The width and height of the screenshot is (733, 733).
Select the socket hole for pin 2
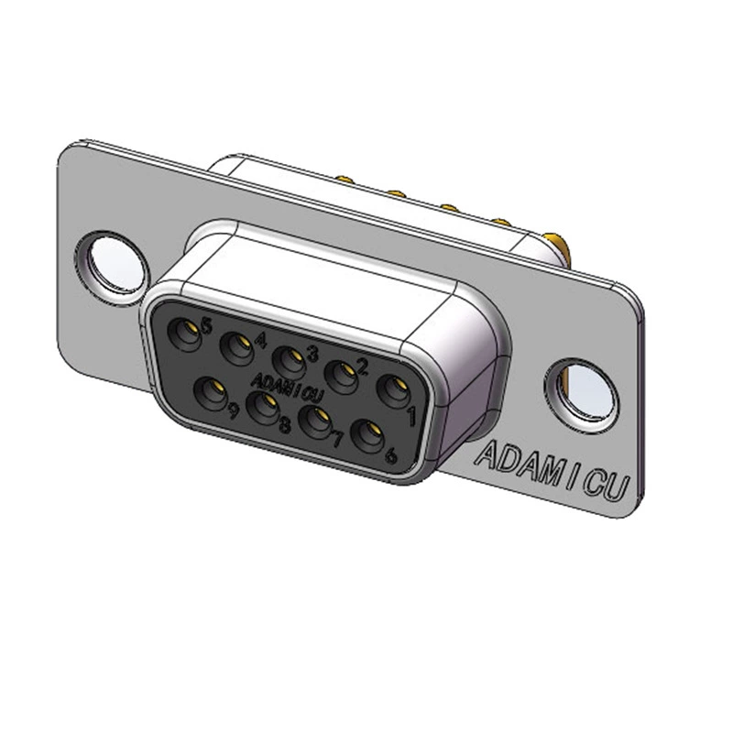(342, 377)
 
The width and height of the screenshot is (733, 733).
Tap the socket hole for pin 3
(290, 362)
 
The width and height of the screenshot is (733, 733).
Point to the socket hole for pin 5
(185, 334)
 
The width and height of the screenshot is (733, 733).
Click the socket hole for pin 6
(367, 436)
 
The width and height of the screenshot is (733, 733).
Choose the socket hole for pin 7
(315, 422)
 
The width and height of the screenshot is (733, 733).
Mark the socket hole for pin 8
(263, 408)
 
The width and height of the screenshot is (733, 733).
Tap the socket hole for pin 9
(210, 393)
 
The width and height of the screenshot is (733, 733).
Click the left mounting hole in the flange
(113, 265)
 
